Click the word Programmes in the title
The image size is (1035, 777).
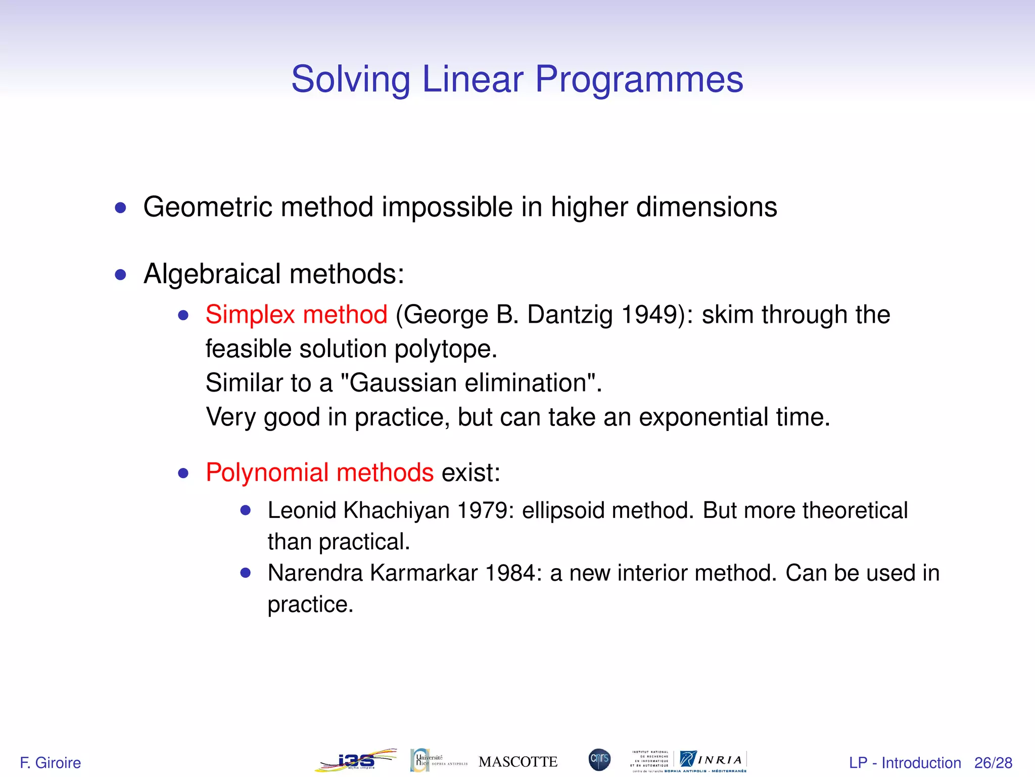point(639,80)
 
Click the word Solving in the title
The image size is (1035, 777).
point(350,80)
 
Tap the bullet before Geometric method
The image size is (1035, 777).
point(120,208)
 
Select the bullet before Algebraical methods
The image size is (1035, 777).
point(120,275)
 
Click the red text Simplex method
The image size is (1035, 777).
point(296,315)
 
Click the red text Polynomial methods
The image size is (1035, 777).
point(319,473)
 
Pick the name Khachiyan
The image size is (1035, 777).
point(396,510)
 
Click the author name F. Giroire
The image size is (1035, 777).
point(50,762)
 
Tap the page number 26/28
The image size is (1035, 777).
point(993,762)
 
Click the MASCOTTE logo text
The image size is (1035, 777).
point(517,762)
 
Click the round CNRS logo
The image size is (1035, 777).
point(599,760)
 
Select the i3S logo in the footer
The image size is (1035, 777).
point(356,760)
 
